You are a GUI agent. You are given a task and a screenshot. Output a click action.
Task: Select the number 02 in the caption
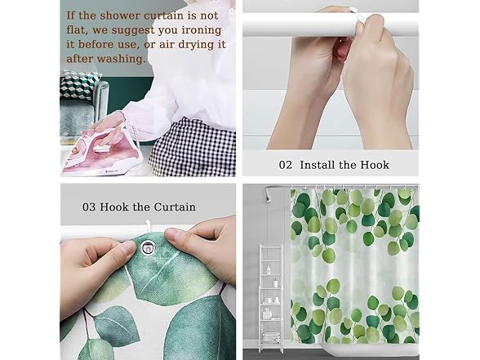[286, 165]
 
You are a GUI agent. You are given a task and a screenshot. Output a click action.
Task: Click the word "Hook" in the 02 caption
[375, 165]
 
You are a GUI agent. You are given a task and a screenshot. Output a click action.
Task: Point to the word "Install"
[317, 165]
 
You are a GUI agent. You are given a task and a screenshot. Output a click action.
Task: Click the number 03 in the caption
[89, 207]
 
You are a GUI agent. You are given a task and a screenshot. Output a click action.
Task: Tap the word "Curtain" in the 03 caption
[175, 207]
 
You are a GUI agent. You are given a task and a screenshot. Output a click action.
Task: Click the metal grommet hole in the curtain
[147, 248]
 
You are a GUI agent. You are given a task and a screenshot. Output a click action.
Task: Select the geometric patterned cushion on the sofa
[79, 86]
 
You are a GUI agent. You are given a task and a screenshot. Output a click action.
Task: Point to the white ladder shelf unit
[271, 297]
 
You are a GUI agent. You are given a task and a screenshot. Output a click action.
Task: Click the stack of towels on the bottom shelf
[271, 338]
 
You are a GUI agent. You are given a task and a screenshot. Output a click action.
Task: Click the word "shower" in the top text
[120, 16]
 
